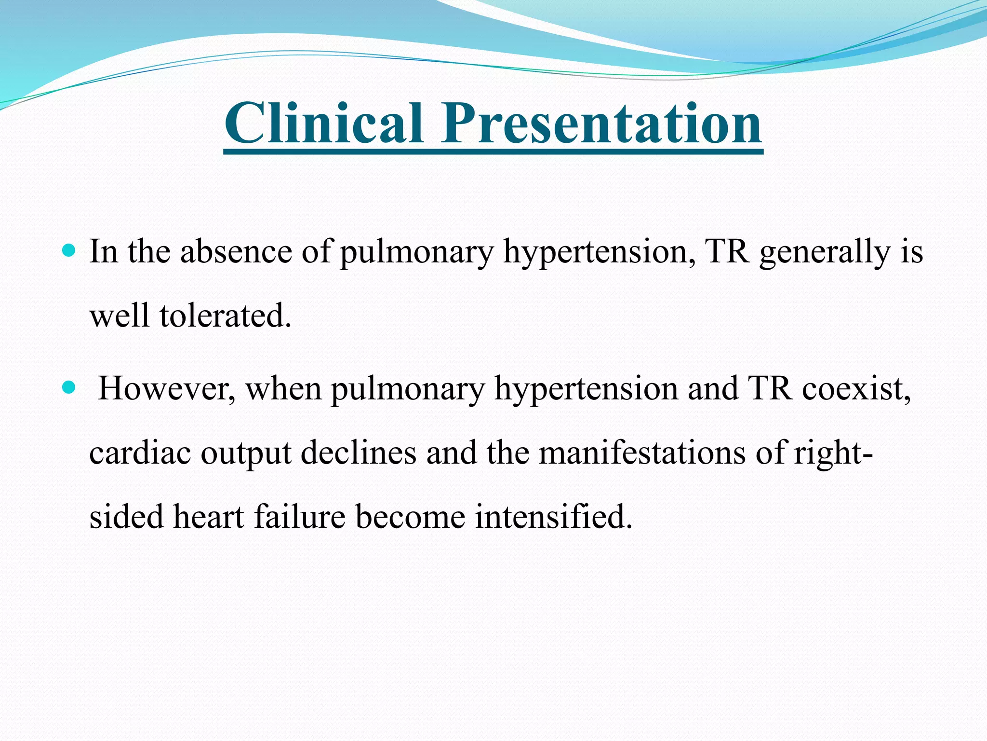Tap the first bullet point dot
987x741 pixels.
[69, 250]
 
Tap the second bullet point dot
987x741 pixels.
[69, 387]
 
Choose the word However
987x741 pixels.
[167, 389]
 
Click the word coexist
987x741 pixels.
[856, 389]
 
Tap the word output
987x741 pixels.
[246, 454]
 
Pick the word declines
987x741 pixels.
[358, 453]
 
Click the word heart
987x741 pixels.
[208, 517]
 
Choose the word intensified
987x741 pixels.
[553, 517]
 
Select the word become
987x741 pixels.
[410, 517]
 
